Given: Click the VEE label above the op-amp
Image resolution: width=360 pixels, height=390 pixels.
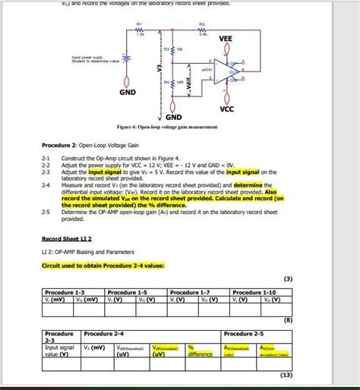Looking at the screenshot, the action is [x=226, y=39].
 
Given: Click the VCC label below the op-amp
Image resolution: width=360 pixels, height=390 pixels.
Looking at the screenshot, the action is [x=226, y=109].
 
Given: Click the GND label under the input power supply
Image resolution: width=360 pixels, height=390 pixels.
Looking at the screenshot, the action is [x=127, y=92].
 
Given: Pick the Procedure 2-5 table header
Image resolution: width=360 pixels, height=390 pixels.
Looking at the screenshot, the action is [x=242, y=333].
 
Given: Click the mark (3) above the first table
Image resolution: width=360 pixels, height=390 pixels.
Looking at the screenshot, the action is [x=287, y=278].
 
